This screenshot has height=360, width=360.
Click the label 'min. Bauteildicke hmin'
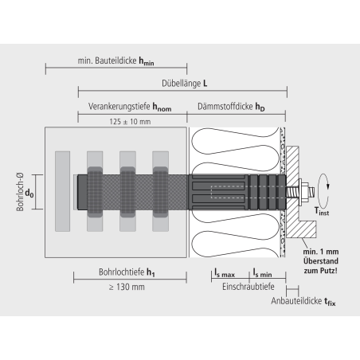coord(115,61)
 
